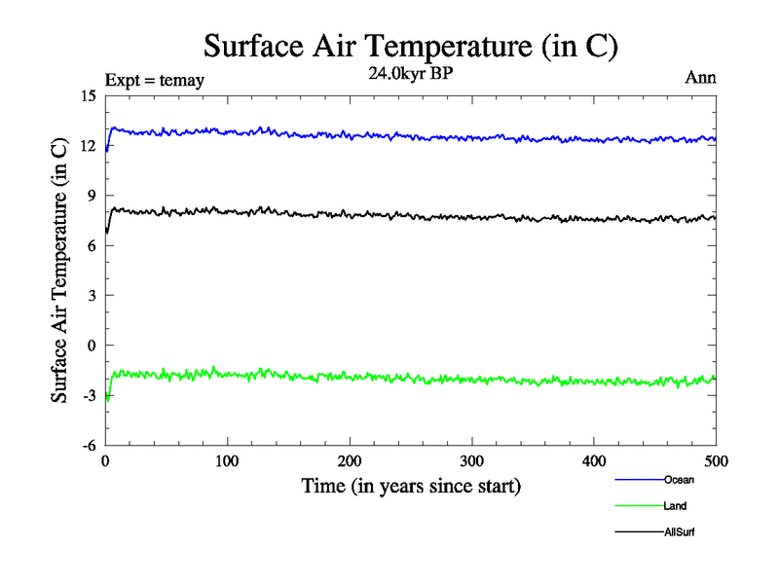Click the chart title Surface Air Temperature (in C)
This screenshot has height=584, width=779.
pyautogui.click(x=411, y=47)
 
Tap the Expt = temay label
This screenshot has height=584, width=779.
pyautogui.click(x=154, y=81)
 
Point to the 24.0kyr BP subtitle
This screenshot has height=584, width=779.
pyautogui.click(x=411, y=71)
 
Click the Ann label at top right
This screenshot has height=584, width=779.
pyautogui.click(x=701, y=78)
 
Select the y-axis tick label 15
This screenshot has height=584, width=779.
pyautogui.click(x=89, y=96)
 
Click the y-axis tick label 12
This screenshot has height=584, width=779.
pyautogui.click(x=89, y=146)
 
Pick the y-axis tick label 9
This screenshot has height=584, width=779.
pyautogui.click(x=93, y=196)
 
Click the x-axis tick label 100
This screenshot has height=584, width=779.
pyautogui.click(x=227, y=461)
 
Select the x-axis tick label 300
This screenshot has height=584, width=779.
pyautogui.click(x=471, y=461)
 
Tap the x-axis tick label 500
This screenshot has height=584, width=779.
pyautogui.click(x=716, y=461)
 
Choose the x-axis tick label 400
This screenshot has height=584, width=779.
pyautogui.click(x=594, y=461)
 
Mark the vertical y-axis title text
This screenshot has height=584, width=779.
pyautogui.click(x=60, y=271)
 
